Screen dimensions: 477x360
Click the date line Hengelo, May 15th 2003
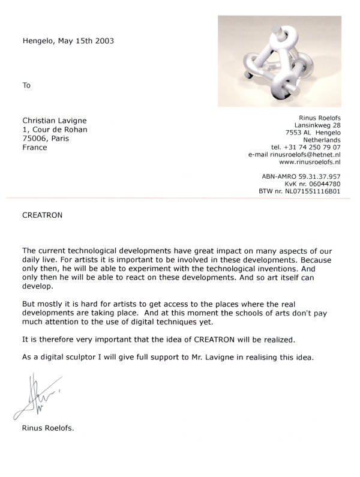68,41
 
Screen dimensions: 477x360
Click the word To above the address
26,85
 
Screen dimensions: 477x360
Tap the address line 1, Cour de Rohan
55,129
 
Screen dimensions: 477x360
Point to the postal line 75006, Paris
46,138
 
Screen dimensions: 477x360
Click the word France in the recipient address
34,147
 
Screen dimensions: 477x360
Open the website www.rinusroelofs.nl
310,162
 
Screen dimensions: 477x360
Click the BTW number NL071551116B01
299,191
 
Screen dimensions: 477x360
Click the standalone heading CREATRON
42,214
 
